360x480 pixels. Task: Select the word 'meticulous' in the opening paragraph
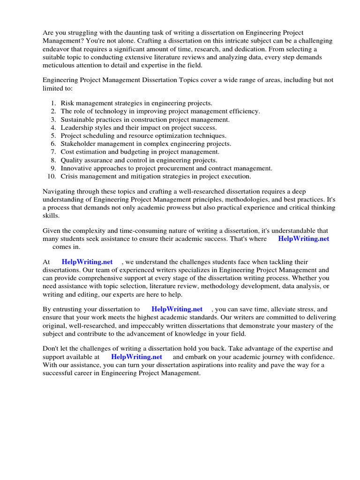click(59, 65)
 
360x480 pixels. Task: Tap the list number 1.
click(54, 103)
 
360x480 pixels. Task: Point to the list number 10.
click(52, 176)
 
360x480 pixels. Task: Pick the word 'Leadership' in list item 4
click(77, 127)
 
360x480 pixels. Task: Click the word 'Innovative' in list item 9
click(76, 168)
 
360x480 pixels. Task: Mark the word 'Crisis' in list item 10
click(69, 176)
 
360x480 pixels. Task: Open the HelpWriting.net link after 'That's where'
click(304, 239)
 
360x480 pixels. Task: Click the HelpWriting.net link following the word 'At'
click(87, 262)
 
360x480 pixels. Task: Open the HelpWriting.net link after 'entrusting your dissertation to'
click(177, 309)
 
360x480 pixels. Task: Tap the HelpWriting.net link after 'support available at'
click(137, 357)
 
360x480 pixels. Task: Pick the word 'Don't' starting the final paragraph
click(52, 348)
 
